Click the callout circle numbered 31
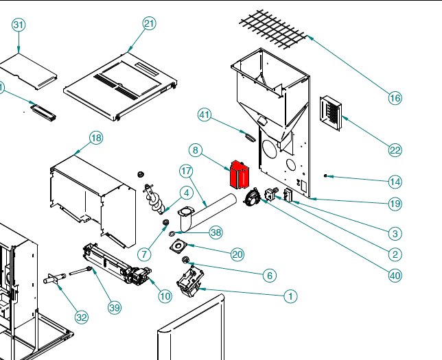[x=19, y=25]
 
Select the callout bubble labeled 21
[x=150, y=24]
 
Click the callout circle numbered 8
[x=196, y=150]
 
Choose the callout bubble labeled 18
[x=96, y=139]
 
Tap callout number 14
[x=395, y=182]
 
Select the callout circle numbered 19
[x=395, y=203]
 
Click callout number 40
[x=395, y=276]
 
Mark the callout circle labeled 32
[x=82, y=317]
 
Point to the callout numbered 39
[x=114, y=307]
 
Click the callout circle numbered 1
[x=290, y=297]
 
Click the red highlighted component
[x=239, y=175]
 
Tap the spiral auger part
[x=154, y=202]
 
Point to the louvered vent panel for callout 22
[x=331, y=112]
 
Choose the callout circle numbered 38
[x=216, y=232]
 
